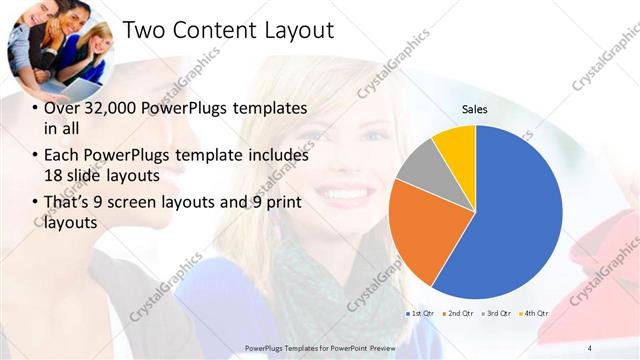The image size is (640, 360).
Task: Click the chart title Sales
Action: [x=474, y=110]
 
